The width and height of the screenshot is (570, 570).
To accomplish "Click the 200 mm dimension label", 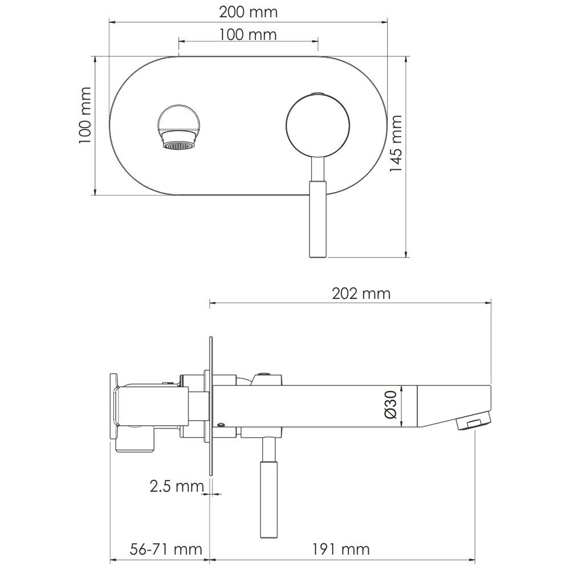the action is (249, 13).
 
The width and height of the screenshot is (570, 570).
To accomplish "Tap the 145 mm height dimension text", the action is (396, 144).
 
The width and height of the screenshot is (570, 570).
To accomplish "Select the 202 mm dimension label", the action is (361, 294).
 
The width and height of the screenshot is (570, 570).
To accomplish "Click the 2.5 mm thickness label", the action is (177, 486).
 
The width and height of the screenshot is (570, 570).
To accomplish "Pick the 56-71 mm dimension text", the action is (166, 549).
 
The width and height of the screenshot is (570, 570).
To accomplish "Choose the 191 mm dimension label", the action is (341, 549).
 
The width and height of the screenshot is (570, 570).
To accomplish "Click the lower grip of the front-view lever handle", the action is (318, 219).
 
